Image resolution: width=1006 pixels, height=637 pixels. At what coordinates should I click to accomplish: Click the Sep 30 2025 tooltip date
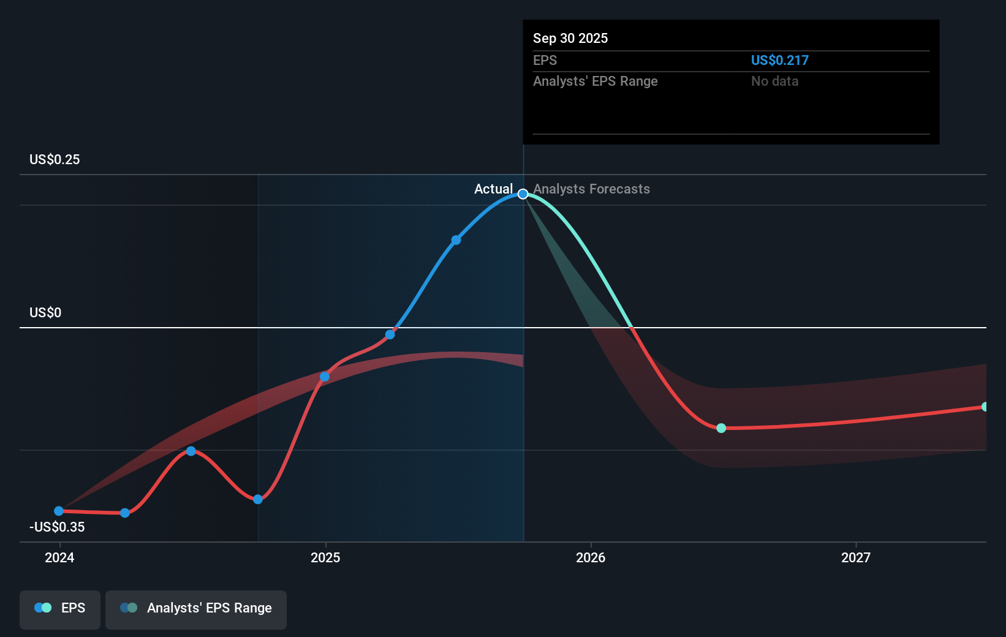click(x=570, y=38)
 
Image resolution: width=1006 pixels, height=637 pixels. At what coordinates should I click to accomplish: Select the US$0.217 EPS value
click(x=779, y=60)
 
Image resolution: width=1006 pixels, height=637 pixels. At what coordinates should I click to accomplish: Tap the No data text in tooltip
click(x=774, y=81)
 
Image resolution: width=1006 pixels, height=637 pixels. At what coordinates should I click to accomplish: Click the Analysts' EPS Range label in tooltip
click(x=595, y=81)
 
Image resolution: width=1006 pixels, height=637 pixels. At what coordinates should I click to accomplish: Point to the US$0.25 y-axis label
click(x=55, y=159)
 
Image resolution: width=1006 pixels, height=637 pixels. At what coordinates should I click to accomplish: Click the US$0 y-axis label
click(x=45, y=312)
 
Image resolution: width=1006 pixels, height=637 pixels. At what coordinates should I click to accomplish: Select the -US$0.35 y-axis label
click(x=57, y=527)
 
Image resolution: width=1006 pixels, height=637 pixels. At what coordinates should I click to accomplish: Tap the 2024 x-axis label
click(x=59, y=557)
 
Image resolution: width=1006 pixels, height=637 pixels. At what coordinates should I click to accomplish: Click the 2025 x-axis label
click(x=325, y=557)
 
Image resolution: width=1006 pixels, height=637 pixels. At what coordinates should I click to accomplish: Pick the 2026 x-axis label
click(x=591, y=557)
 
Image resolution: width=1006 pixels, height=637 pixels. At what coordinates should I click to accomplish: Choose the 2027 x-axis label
click(x=855, y=557)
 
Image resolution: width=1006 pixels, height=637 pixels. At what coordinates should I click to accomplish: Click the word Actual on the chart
click(x=493, y=189)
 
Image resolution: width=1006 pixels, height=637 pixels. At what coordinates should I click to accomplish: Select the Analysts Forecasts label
click(x=591, y=189)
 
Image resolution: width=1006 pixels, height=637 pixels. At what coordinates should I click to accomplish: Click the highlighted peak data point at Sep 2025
click(x=523, y=194)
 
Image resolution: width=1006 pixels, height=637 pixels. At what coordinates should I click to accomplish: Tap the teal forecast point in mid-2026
click(x=721, y=428)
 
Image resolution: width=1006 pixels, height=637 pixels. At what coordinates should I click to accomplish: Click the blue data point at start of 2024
click(x=59, y=511)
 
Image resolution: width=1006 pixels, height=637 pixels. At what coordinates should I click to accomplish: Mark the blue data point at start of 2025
click(x=325, y=377)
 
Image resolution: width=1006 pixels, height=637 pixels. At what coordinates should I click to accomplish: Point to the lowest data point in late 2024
click(x=258, y=499)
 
